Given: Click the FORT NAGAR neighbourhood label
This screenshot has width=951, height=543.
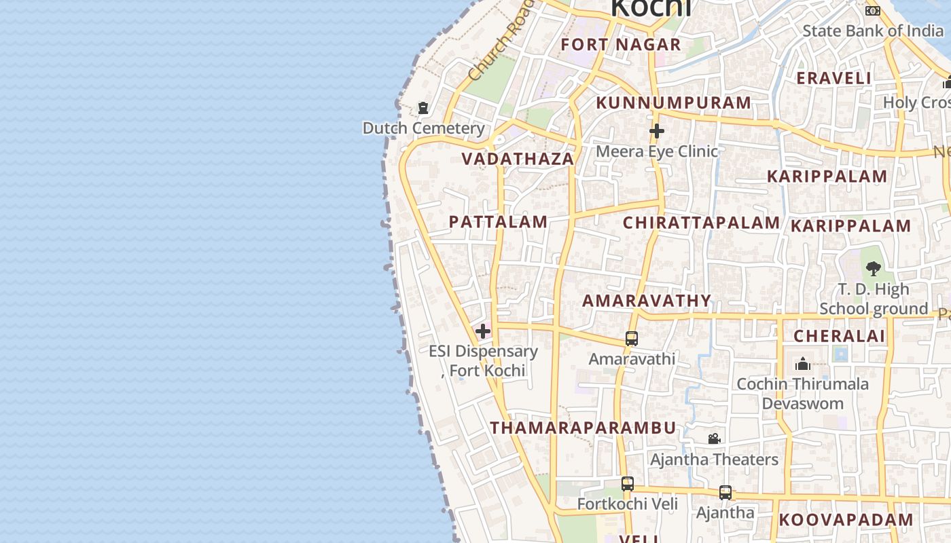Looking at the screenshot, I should [621, 45].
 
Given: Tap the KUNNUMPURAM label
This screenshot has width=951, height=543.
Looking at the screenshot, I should [674, 103].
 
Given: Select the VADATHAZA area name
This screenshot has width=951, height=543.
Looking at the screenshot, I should [518, 159].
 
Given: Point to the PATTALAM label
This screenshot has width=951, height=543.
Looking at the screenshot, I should [498, 222].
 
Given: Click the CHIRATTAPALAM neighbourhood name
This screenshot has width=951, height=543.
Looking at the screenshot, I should [702, 223].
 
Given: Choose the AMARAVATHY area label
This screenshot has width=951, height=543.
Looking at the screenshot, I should [647, 301].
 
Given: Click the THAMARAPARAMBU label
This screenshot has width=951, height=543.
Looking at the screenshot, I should [584, 428].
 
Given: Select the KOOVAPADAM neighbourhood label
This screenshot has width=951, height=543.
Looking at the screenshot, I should [846, 520].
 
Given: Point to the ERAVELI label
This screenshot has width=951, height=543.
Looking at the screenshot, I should [833, 78].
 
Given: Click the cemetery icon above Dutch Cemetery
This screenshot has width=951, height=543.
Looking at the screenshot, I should [423, 108].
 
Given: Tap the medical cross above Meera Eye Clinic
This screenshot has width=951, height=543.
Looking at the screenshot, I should [656, 131].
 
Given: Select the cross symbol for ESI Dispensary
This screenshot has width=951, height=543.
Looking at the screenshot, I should [483, 331].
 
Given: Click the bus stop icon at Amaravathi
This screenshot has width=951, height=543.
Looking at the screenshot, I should [632, 339].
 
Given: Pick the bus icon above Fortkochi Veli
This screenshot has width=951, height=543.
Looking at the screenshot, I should [628, 484].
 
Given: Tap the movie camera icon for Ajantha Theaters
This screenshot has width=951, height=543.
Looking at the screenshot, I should [714, 439].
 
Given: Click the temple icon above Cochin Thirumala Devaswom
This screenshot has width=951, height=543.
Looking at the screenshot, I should [803, 364].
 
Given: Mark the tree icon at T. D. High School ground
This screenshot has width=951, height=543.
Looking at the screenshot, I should [874, 268].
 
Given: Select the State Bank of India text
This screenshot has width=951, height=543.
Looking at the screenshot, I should [873, 31].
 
